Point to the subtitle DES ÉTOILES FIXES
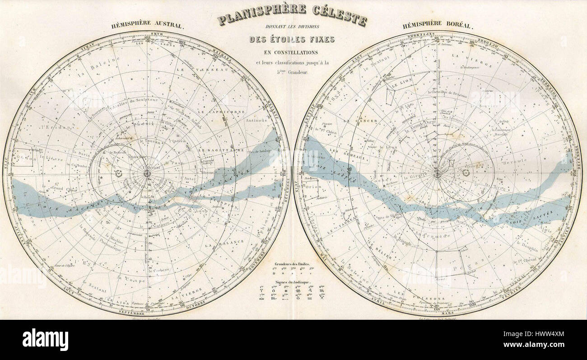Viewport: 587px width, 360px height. pos(292,39)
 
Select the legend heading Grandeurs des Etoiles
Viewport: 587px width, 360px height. pos(292,263)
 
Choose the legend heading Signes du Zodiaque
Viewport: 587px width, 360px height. pos(292,281)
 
